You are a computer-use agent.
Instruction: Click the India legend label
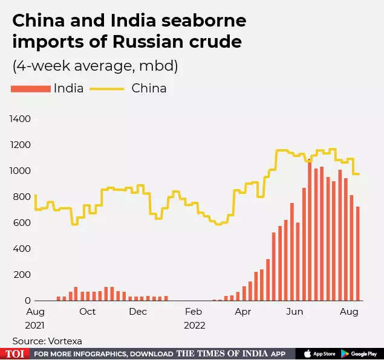click(x=68, y=88)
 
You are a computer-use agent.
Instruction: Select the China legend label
click(x=149, y=88)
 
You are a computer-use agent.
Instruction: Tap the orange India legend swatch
click(x=30, y=89)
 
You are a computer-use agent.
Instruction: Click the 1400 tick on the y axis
click(x=21, y=119)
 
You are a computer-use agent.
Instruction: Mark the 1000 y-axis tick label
click(x=21, y=171)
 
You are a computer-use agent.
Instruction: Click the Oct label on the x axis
click(x=88, y=312)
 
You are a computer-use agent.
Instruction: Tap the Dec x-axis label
click(x=138, y=312)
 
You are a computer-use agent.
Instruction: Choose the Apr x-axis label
click(x=242, y=312)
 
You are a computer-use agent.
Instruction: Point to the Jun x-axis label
click(x=295, y=312)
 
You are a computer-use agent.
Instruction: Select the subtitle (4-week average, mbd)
click(x=95, y=65)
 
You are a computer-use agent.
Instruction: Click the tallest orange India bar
click(x=310, y=230)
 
